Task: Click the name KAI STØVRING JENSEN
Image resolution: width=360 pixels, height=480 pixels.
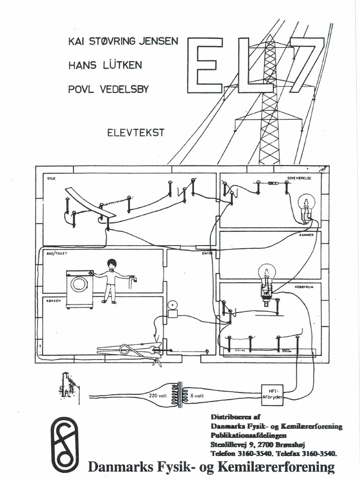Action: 123,41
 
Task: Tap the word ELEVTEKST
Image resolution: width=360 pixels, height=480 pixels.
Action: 136,133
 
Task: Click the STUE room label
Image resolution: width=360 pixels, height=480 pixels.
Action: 51,179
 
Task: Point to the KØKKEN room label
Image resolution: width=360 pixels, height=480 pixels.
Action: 53,301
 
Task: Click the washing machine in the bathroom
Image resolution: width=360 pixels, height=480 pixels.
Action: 79,289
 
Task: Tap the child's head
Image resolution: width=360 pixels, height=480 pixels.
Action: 112,265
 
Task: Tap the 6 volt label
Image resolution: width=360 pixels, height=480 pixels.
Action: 196,395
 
